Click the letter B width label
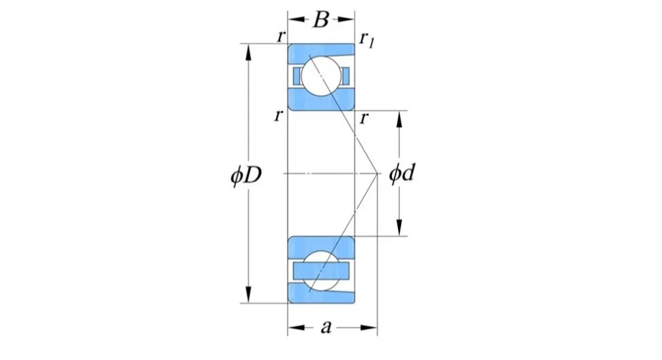point(320,19)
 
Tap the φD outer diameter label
point(246,174)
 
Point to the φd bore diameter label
point(401,174)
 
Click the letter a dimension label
point(325,327)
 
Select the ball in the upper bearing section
point(321,76)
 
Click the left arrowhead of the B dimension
point(292,19)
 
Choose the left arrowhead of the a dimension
point(292,327)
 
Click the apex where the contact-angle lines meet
point(376,173)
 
